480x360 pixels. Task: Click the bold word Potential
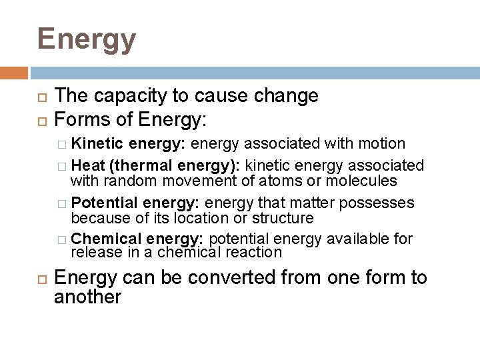[x=103, y=203]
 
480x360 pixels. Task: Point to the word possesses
[x=381, y=203]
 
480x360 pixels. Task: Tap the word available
[x=352, y=239]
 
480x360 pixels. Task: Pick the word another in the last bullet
[x=87, y=297]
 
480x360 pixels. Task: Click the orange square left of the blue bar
[x=14, y=72]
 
